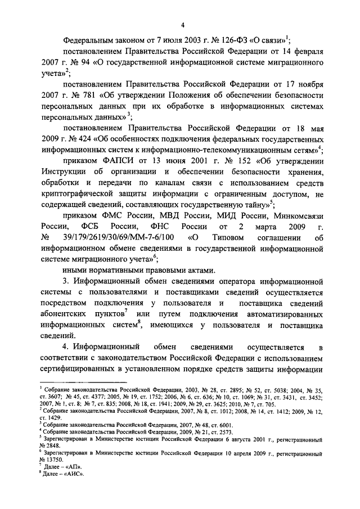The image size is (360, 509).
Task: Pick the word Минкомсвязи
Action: click(296, 215)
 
